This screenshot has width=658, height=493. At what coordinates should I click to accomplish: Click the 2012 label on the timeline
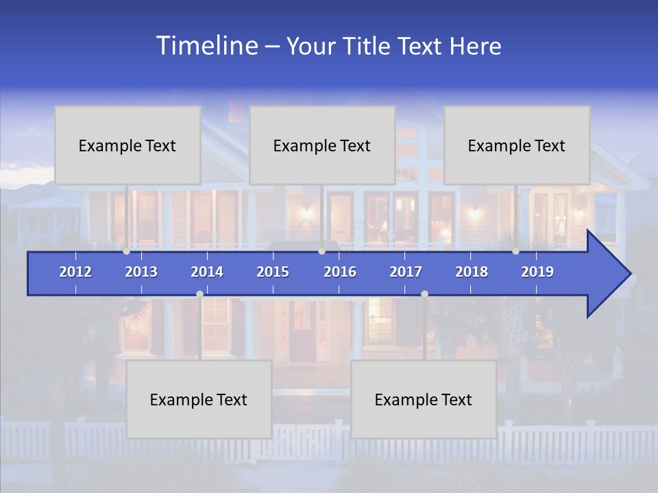(75, 272)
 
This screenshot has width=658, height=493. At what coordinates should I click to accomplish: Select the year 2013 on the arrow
(141, 272)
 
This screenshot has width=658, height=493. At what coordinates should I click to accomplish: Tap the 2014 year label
(207, 272)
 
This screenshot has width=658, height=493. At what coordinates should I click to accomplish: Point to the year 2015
(273, 272)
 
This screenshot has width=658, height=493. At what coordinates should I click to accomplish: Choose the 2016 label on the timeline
(340, 272)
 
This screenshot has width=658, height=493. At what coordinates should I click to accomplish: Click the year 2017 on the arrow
(406, 272)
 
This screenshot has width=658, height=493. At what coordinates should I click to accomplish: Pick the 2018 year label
(472, 272)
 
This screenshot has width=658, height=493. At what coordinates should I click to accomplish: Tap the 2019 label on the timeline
(537, 272)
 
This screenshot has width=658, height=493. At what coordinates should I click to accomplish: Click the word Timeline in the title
(207, 46)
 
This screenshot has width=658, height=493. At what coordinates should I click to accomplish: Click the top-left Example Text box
(127, 145)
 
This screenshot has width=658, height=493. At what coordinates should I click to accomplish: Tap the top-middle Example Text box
(322, 145)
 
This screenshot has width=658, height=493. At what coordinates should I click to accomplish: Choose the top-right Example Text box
(517, 145)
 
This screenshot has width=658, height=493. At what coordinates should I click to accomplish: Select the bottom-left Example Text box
(199, 399)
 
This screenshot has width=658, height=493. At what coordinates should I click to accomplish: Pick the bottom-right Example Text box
(424, 399)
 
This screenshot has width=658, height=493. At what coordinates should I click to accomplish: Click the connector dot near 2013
(126, 251)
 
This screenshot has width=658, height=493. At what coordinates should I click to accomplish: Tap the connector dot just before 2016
(321, 251)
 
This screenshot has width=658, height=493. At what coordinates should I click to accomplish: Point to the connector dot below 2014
(199, 294)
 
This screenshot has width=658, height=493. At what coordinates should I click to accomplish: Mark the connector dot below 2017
(424, 294)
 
